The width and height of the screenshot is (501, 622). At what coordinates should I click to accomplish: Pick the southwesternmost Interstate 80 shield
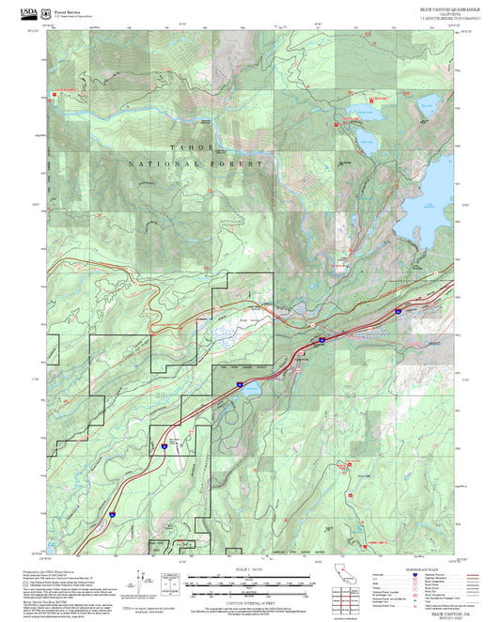tap(111, 514)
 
